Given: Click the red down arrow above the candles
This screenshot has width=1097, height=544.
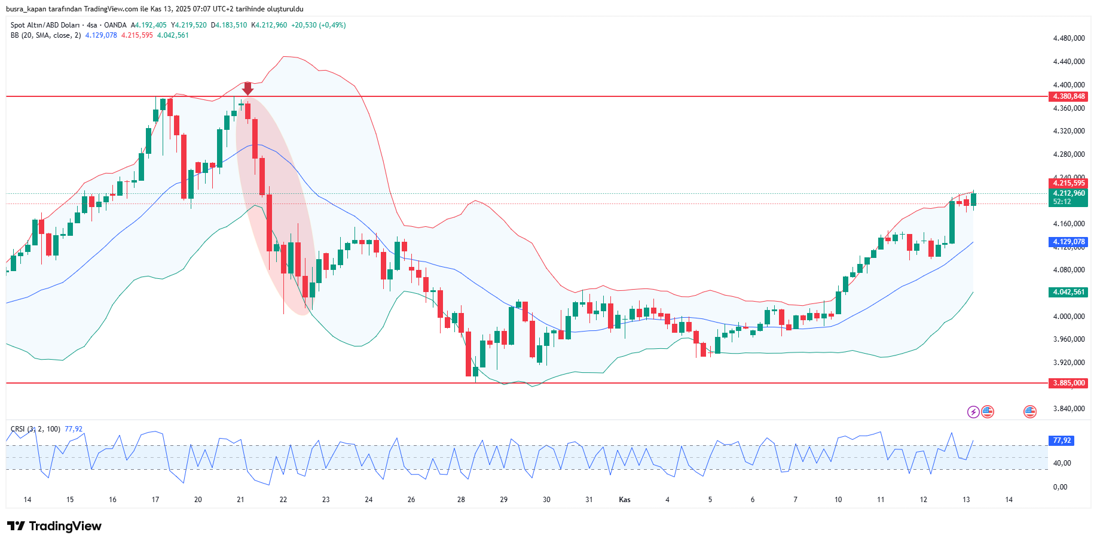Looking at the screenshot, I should pyautogui.click(x=247, y=88).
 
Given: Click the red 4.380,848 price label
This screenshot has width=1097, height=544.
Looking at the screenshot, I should pyautogui.click(x=1068, y=96).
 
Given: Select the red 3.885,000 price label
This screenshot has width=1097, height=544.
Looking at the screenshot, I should pyautogui.click(x=1068, y=383).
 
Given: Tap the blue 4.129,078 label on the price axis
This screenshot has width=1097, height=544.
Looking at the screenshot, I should pyautogui.click(x=1068, y=242).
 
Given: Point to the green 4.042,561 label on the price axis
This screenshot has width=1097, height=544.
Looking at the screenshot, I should pyautogui.click(x=1068, y=292).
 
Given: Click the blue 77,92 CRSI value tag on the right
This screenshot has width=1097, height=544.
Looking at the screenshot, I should pyautogui.click(x=1062, y=440).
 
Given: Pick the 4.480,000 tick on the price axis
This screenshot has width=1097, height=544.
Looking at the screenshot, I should pyautogui.click(x=1068, y=38).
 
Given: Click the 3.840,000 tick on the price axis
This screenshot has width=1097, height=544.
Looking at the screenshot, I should pyautogui.click(x=1068, y=409).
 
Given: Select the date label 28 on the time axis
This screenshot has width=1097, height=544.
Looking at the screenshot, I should pyautogui.click(x=461, y=500).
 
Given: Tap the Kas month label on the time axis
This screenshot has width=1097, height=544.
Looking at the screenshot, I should pyautogui.click(x=625, y=500).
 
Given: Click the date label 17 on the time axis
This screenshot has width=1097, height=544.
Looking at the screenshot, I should pyautogui.click(x=155, y=500).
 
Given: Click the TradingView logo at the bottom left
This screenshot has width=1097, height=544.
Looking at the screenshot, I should pyautogui.click(x=54, y=526).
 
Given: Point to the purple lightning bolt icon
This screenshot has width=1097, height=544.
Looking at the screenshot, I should pyautogui.click(x=973, y=412).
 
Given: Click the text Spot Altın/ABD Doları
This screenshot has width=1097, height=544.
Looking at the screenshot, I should pyautogui.click(x=45, y=25).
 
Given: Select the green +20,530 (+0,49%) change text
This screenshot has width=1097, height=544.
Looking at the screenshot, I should pyautogui.click(x=318, y=25).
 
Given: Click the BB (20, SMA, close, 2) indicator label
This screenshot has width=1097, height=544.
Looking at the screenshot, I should pyautogui.click(x=45, y=35).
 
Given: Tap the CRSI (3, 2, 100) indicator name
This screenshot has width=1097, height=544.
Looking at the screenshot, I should pyautogui.click(x=35, y=429).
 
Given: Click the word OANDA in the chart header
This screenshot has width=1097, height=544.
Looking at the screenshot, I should pyautogui.click(x=115, y=25).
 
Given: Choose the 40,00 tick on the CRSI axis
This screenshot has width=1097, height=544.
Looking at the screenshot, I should pyautogui.click(x=1062, y=463).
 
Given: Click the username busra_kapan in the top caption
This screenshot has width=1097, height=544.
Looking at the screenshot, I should pyautogui.click(x=26, y=9).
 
